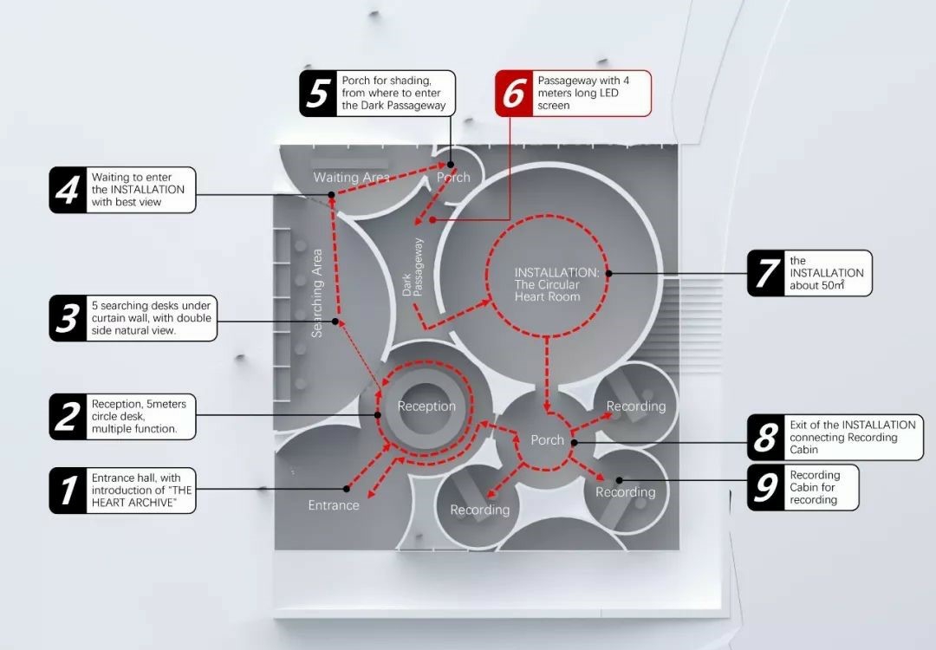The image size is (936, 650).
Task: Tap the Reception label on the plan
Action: coord(426,406)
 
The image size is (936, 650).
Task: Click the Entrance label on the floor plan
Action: coord(334,505)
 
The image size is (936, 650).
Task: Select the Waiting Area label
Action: coord(352,177)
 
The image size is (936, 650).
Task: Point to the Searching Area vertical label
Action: coord(316,293)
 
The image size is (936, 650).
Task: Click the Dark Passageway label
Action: coord(413,268)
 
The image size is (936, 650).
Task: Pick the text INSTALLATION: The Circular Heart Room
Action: coord(556,284)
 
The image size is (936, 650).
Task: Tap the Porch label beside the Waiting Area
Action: coord(453,178)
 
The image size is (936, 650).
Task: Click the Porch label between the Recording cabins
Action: coord(548,440)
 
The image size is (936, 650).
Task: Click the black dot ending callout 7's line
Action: coord(609,273)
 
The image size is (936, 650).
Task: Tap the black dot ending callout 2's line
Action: coord(377,415)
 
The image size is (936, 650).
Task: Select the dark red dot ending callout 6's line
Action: coord(432,219)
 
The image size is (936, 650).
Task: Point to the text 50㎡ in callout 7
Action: coord(833,285)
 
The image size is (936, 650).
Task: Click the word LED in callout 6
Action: coord(608,93)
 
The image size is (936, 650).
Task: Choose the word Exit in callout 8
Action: coord(799,425)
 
